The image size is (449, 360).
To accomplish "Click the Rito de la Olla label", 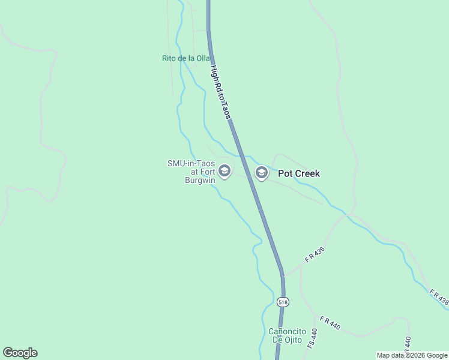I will click(185, 58).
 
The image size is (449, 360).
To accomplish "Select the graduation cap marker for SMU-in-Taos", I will click(224, 172).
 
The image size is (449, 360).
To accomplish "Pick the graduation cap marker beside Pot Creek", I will click(261, 173).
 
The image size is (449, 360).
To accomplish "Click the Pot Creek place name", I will click(298, 173).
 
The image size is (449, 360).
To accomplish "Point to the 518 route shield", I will click(283, 302).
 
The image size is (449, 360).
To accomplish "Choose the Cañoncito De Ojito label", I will click(288, 336).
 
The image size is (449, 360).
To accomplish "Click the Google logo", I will click(20, 353).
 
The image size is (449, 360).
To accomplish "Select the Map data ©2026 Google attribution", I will click(412, 355).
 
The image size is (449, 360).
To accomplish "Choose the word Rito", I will click(169, 58).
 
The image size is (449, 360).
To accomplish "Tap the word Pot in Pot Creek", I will click(285, 173).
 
